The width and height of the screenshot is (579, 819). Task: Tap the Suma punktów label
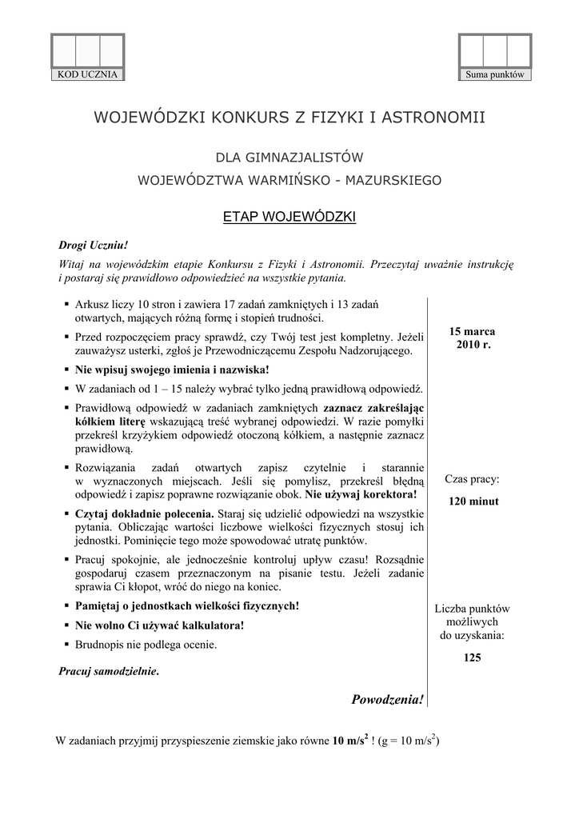click(x=494, y=74)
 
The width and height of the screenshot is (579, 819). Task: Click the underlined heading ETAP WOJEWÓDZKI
click(x=289, y=217)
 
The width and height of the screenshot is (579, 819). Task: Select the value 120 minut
click(x=473, y=501)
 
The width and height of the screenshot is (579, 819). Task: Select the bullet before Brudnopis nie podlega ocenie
click(x=65, y=644)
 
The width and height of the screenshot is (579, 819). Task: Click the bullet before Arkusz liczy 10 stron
click(x=65, y=305)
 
